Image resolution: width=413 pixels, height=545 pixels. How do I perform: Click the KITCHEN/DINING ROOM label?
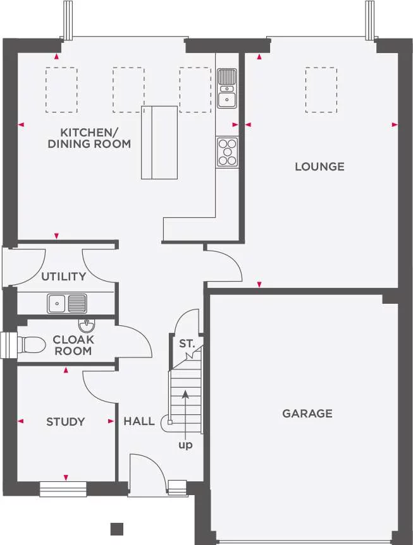[89, 138]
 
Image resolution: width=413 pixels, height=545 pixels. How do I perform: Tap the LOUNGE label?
[319, 167]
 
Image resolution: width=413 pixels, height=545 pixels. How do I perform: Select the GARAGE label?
[307, 414]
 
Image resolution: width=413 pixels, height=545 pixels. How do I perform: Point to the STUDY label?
[65, 422]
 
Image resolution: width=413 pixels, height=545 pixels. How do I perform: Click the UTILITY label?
[63, 277]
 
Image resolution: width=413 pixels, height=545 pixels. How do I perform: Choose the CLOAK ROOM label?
[73, 345]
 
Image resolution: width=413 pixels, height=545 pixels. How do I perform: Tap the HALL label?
[139, 421]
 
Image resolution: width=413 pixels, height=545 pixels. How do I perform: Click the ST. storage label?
[187, 344]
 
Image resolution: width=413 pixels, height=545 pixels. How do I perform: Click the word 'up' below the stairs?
[185, 445]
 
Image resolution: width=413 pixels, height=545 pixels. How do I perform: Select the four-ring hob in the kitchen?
[228, 152]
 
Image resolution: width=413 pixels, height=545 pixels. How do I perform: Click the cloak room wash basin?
[87, 325]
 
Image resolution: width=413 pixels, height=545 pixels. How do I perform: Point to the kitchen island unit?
[159, 143]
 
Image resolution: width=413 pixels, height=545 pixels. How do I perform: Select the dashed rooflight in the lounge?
[321, 90]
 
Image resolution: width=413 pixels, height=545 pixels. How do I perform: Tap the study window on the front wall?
[63, 489]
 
